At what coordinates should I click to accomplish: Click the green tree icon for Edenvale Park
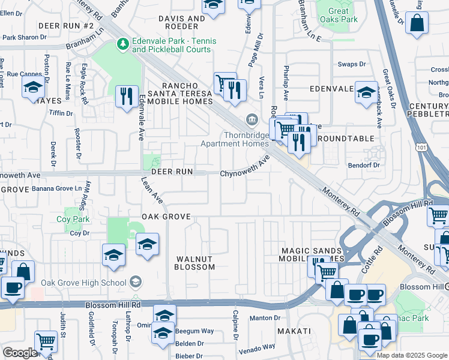pos(122,44)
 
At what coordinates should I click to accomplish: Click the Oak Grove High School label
pos(86,283)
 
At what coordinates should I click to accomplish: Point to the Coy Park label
pos(73,219)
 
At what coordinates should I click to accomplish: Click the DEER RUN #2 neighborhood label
pos(66,26)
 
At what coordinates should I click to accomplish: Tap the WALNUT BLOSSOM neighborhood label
pos(195,263)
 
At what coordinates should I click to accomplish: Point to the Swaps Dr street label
pos(352,64)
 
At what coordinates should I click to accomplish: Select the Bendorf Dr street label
pos(364,165)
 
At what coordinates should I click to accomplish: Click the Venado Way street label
pos(257,346)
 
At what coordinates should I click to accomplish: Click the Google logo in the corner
pos(19,353)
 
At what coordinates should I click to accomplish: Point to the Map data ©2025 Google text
pos(411,355)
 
